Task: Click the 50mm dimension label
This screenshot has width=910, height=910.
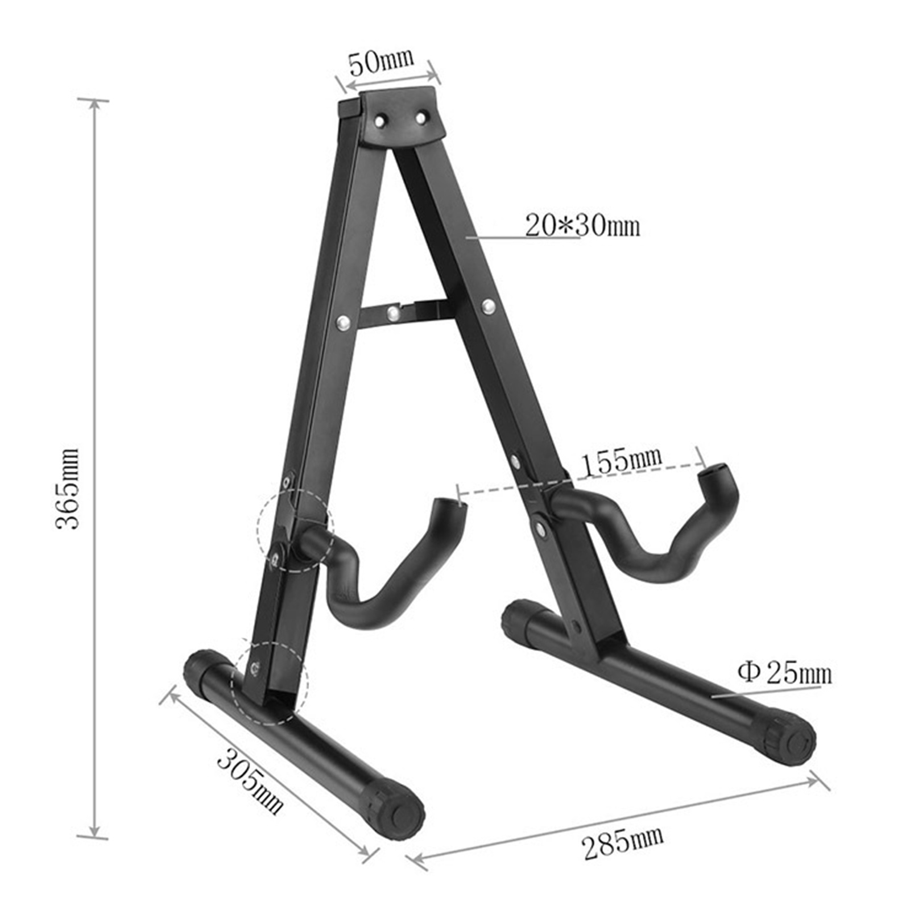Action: tap(382, 62)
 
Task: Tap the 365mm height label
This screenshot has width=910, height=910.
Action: tap(68, 489)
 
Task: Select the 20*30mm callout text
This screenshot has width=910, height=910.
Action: tap(582, 225)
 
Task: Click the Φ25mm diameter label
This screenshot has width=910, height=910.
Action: tap(784, 673)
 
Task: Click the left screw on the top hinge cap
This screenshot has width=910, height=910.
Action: tap(380, 121)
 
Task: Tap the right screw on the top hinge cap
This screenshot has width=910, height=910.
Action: tap(421, 118)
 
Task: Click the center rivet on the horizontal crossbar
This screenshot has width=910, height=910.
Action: tap(392, 312)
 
